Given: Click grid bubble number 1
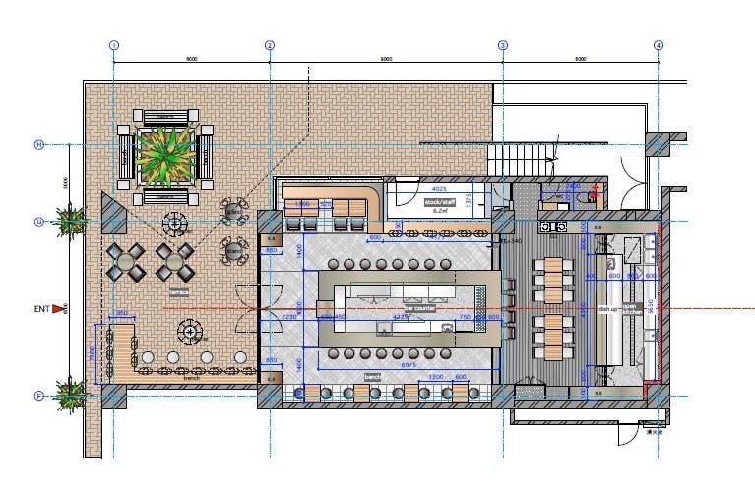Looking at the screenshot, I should point(114,45).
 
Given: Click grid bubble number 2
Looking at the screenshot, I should point(270,45).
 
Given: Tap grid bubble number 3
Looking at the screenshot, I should point(502,45).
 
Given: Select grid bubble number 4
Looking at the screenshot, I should point(659,45).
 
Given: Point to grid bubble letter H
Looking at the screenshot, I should point(40,145).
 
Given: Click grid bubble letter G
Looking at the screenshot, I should point(40,221).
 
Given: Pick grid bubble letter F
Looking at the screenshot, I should point(40,396).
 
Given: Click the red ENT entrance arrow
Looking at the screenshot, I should point(58,309).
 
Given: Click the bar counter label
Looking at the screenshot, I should point(418,309).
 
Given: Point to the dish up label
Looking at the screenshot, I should point(607,308).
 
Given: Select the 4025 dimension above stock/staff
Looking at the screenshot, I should point(439,187).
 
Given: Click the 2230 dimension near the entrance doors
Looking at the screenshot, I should point(288,317).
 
